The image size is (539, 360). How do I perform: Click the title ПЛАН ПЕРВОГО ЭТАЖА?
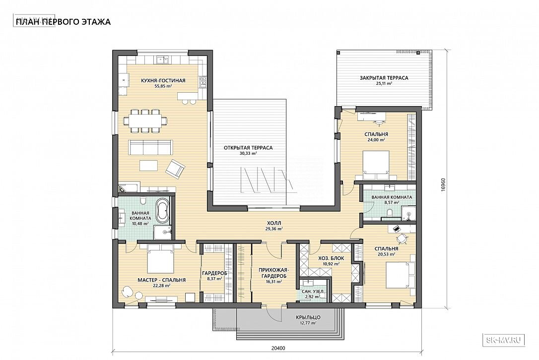63,22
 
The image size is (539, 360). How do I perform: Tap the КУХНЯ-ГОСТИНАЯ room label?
163,81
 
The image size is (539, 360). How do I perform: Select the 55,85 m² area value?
163,86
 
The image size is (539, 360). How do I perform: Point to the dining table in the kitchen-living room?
146,120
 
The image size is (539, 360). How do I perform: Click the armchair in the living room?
175,169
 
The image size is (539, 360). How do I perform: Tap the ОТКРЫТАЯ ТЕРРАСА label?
248,148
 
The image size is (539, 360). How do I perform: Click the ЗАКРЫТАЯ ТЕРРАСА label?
384,78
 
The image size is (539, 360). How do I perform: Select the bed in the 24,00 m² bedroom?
376,165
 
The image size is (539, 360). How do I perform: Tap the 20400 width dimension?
278,348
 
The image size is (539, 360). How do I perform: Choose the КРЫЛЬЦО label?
308,317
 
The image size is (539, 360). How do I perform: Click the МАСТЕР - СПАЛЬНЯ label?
162,280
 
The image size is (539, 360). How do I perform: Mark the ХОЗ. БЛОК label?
331,258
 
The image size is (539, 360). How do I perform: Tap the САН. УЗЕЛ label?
313,292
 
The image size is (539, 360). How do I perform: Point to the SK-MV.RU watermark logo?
504,340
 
